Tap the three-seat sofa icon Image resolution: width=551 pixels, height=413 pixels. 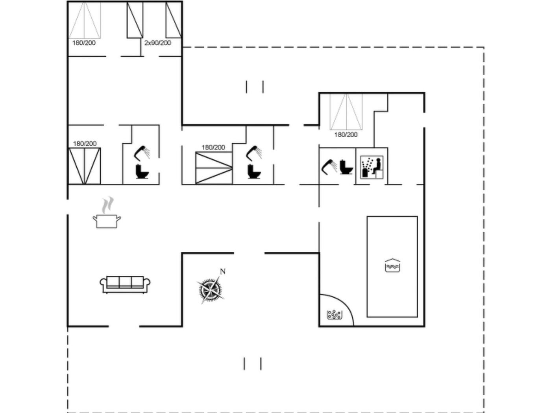coord(125,285)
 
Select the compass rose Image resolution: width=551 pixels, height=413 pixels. coord(210,289)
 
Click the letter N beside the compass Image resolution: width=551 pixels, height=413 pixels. coord(223,271)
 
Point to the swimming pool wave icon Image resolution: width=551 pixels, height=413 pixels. coord(392,265)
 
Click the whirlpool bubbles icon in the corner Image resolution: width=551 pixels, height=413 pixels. coord(335,315)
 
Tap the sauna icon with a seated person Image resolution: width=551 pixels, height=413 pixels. coord(372,167)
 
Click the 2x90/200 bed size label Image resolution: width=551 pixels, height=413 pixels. coord(158,43)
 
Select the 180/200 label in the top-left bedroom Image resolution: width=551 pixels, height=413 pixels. coord(84,43)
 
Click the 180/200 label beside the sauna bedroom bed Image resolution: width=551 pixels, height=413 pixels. coord(346,135)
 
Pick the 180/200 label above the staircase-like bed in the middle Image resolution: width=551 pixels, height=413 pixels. coord(213,147)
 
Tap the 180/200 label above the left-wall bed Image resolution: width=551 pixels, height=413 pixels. coord(85,144)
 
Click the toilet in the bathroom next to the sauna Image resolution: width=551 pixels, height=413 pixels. coord(346,167)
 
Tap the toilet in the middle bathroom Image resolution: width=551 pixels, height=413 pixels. coord(254,171)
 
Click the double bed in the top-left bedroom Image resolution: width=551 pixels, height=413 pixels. coord(85,20)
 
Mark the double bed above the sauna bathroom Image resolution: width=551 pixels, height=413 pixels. coord(346,112)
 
